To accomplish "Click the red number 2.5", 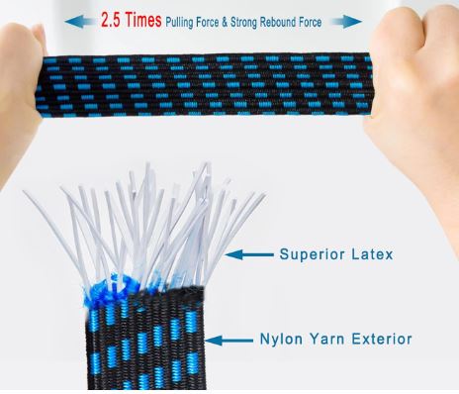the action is (x=112, y=20).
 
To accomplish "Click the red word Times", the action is (x=143, y=20).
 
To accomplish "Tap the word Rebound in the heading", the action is (x=278, y=22).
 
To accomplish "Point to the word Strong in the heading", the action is (x=243, y=23).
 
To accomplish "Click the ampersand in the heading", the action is (x=225, y=23).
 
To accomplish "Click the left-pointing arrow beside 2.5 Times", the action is (x=81, y=22).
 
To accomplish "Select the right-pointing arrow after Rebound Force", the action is (x=345, y=22).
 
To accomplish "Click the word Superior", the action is (x=312, y=254).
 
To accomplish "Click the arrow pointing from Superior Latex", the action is (x=249, y=254).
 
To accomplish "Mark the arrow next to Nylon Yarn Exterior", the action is (x=229, y=341).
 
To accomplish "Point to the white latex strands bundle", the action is (x=148, y=225).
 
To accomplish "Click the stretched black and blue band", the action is (x=205, y=86).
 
